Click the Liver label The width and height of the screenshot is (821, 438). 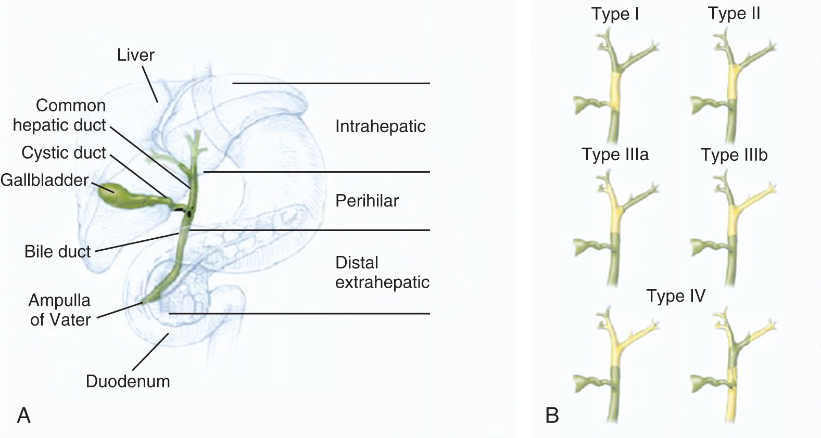pyautogui.click(x=135, y=55)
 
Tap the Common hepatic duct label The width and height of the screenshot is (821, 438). pyautogui.click(x=60, y=115)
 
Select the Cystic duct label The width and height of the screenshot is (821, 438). pyautogui.click(x=64, y=153)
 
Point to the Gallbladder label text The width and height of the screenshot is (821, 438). pyautogui.click(x=44, y=180)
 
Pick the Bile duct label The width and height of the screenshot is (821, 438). pyautogui.click(x=58, y=252)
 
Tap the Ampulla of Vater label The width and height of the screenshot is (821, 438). pyautogui.click(x=60, y=310)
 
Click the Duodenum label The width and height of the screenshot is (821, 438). pyautogui.click(x=128, y=381)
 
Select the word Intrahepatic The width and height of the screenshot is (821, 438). pyautogui.click(x=381, y=126)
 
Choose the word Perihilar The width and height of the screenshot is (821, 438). pyautogui.click(x=367, y=201)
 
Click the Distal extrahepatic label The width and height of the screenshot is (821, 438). pyautogui.click(x=382, y=273)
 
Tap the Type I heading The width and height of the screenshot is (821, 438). pyautogui.click(x=615, y=14)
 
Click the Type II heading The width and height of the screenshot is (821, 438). pyautogui.click(x=734, y=14)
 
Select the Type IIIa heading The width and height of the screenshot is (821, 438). pyautogui.click(x=615, y=154)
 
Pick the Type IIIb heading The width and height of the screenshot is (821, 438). pyautogui.click(x=734, y=154)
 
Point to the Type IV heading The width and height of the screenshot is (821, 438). pyautogui.click(x=676, y=295)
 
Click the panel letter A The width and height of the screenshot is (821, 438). pyautogui.click(x=24, y=416)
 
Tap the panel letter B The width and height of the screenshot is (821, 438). pyautogui.click(x=552, y=416)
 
